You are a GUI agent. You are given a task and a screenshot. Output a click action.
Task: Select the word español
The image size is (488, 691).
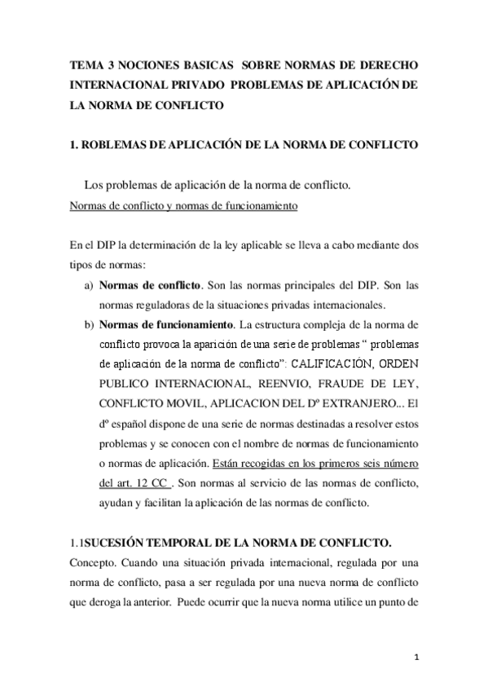pos(134,423)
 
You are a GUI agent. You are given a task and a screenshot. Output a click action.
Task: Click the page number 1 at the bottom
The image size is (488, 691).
pos(417,656)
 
